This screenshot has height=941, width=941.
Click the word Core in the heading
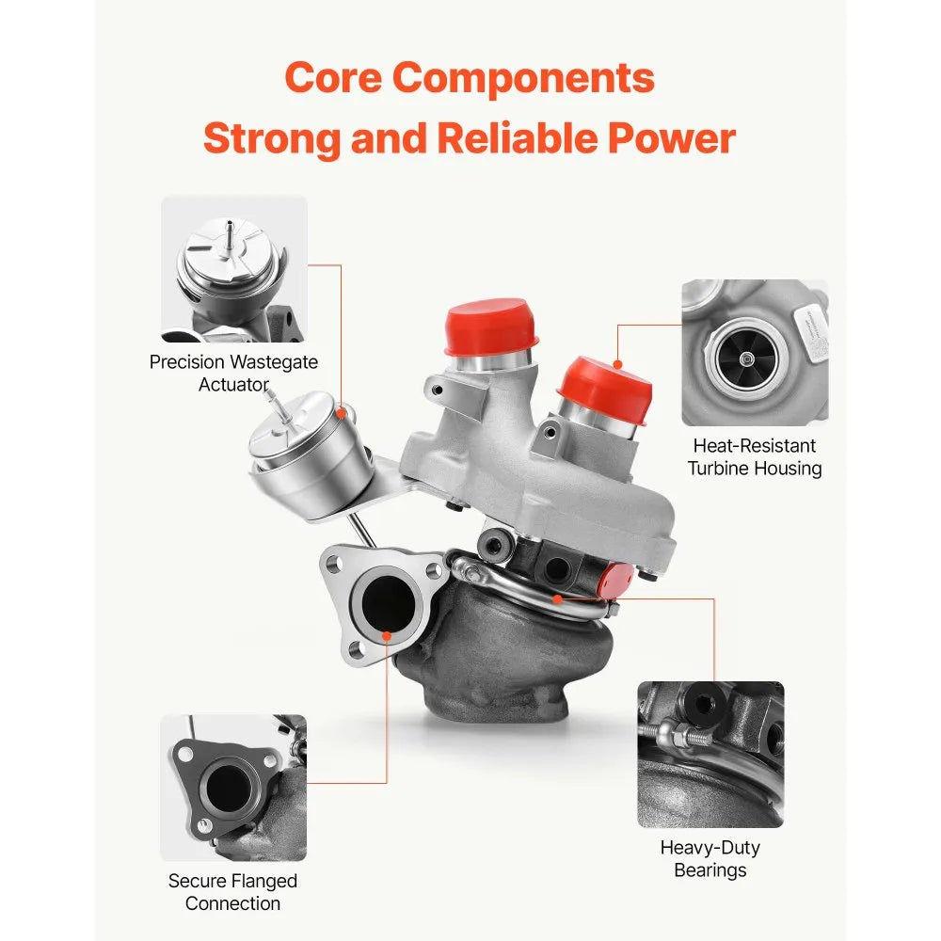[x=333, y=78]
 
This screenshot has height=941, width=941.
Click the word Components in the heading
[x=523, y=80]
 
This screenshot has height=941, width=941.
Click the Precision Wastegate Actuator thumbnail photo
[x=234, y=269]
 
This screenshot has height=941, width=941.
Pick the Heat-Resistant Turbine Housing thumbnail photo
[x=755, y=352]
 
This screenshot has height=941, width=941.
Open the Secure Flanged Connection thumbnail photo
[x=233, y=788]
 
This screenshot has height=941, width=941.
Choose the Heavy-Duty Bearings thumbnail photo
[x=710, y=755]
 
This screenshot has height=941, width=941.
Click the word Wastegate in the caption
[x=274, y=362]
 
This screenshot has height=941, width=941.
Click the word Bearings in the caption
[x=710, y=870]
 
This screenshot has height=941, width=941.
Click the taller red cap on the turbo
[x=490, y=327]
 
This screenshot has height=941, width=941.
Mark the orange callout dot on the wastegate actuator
[x=341, y=413]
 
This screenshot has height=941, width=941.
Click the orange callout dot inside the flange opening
[x=387, y=636]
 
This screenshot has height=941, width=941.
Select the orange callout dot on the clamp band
[x=557, y=598]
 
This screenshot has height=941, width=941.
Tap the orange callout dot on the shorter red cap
[x=617, y=364]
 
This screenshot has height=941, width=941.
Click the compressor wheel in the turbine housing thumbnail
[x=746, y=359]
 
